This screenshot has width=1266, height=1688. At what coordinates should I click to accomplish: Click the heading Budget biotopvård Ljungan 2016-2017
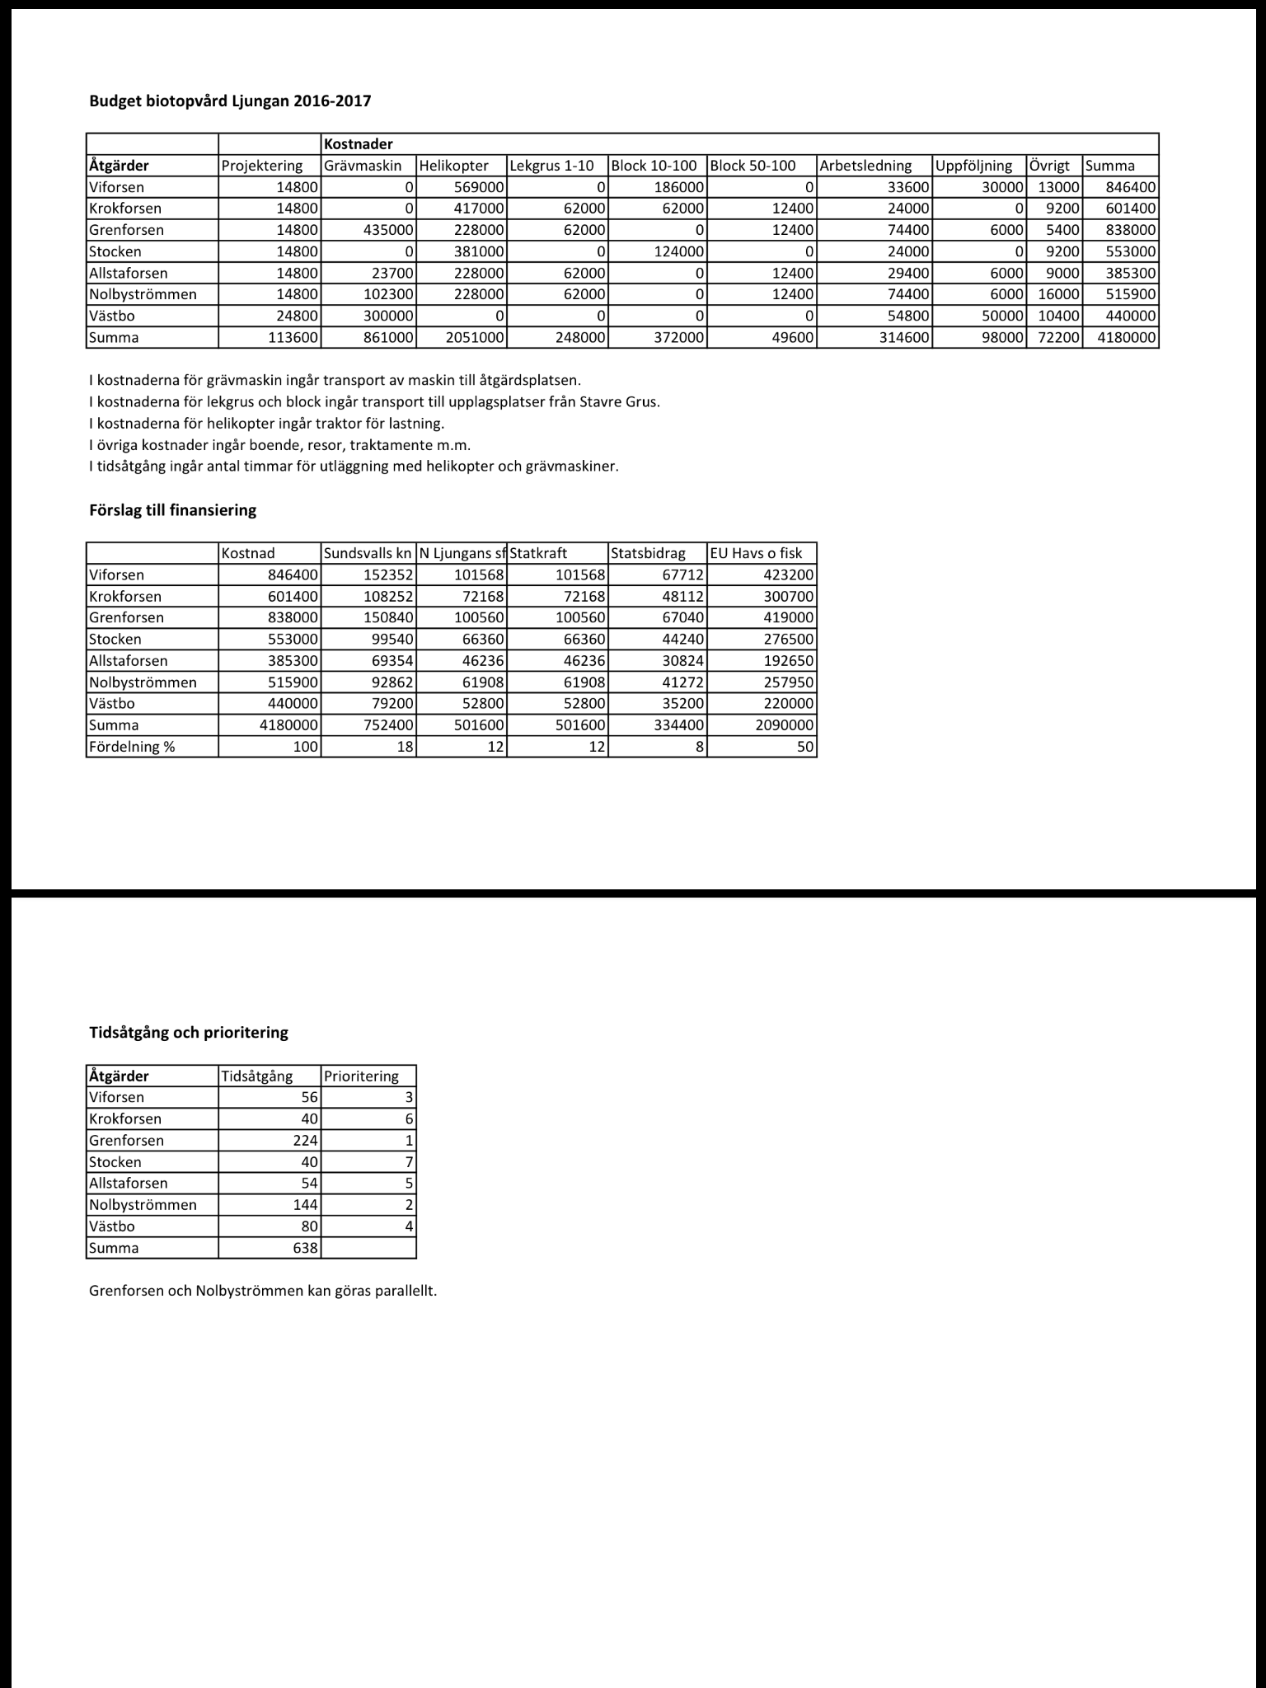pyautogui.click(x=230, y=101)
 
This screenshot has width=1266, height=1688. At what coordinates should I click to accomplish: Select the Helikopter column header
pyautogui.click(x=454, y=166)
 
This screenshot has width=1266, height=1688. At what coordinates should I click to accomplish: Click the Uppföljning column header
pyautogui.click(x=973, y=166)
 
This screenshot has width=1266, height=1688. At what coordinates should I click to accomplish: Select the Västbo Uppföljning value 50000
pyautogui.click(x=1001, y=316)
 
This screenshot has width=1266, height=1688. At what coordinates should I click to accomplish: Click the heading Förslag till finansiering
pyautogui.click(x=172, y=510)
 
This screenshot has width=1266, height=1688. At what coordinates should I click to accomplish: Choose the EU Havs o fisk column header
pyautogui.click(x=756, y=553)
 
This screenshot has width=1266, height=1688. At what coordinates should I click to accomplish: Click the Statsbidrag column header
pyautogui.click(x=648, y=553)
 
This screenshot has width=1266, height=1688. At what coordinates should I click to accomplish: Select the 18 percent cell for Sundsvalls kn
pyautogui.click(x=403, y=747)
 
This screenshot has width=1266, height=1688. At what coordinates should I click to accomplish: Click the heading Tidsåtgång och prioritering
pyautogui.click(x=188, y=1032)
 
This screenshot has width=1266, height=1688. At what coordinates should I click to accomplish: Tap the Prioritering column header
pyautogui.click(x=361, y=1076)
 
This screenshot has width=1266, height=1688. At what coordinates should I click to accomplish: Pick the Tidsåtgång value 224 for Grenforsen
pyautogui.click(x=305, y=1140)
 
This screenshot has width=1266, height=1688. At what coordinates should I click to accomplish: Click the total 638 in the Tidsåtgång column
pyautogui.click(x=305, y=1247)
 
